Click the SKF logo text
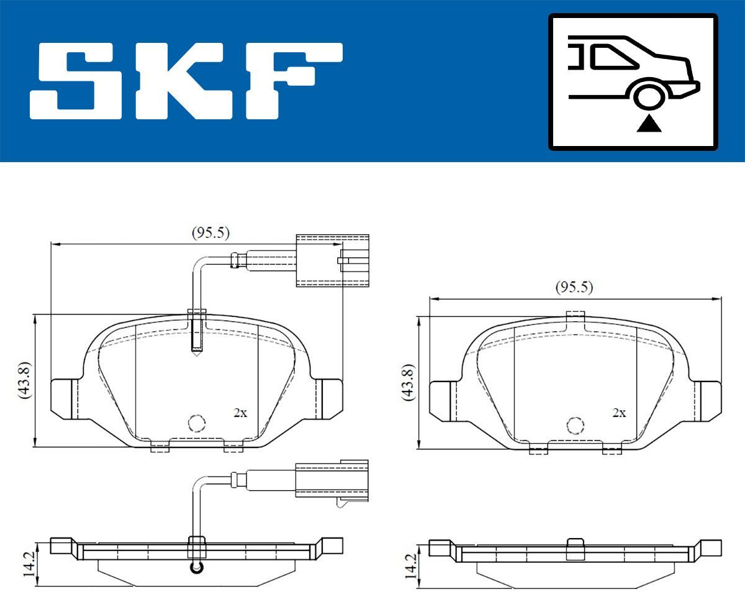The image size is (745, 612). (186, 81)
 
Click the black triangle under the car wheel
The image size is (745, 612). (649, 124)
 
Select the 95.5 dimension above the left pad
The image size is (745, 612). (210, 233)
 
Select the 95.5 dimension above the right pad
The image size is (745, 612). (574, 287)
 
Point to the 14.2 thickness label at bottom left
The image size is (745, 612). (27, 564)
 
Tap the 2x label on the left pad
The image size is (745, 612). (240, 413)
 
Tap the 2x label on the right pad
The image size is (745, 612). (619, 413)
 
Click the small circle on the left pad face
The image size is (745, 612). (197, 423)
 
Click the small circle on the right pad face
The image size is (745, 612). (576, 425)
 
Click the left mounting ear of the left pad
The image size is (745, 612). (64, 398)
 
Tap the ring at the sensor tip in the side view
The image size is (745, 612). (197, 567)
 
